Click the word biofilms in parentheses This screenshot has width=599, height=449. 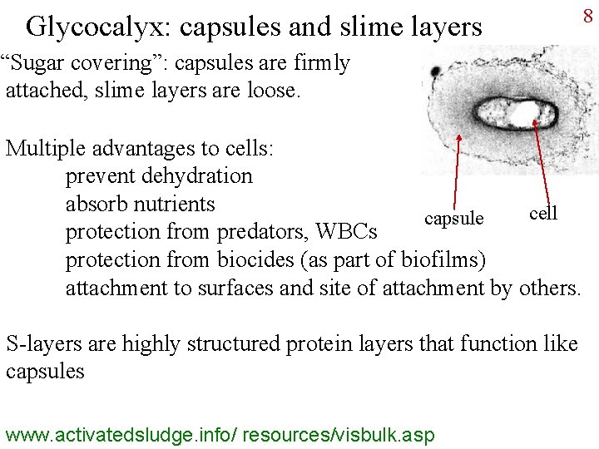pos(440,259)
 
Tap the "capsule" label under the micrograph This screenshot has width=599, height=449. pos(453,219)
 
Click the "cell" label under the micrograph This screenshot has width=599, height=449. pos(543,213)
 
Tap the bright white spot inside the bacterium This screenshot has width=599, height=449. pos(525,115)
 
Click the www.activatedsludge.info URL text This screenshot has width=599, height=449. pos(220,434)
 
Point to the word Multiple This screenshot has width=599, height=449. pos(44,148)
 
